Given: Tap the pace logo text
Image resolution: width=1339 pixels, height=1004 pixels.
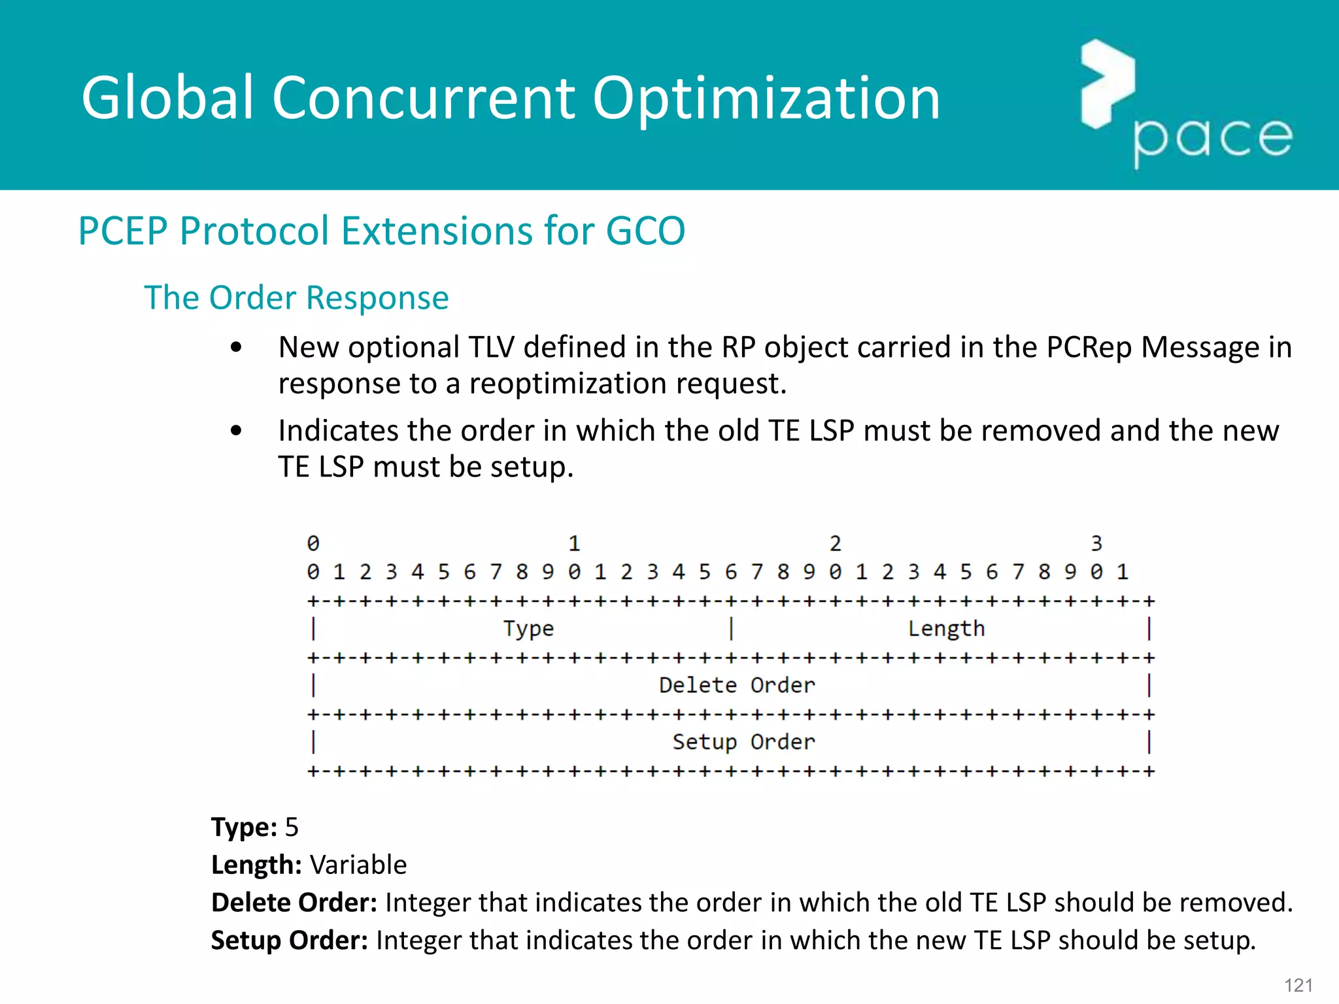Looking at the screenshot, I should point(1212,139).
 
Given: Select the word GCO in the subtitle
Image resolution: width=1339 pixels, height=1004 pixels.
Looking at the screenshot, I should point(645,231).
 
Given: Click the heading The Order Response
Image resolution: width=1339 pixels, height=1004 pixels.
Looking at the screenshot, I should point(296,298).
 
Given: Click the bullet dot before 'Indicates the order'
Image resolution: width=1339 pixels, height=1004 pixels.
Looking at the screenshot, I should point(237,431).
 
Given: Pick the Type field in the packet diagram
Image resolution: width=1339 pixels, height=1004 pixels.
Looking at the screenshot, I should point(528,629).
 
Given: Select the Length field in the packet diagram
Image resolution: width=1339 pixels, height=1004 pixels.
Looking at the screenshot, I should point(945,629).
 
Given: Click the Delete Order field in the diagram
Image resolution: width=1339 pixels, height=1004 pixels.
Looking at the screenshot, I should point(737,685).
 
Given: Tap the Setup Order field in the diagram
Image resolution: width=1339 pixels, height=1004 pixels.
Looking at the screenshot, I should point(743,742).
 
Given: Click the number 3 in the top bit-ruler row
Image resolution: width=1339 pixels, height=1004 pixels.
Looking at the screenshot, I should point(1096,543).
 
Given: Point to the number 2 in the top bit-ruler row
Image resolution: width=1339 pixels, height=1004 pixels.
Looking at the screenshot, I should point(835,543).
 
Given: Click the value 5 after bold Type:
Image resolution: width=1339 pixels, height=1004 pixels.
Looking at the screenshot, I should point(292,828).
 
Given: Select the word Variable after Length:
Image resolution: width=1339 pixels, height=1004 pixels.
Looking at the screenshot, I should point(358,865).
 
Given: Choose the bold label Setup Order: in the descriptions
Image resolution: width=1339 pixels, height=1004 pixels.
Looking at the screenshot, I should point(290,941).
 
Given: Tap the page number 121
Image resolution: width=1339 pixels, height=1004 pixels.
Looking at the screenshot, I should point(1298,985).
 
